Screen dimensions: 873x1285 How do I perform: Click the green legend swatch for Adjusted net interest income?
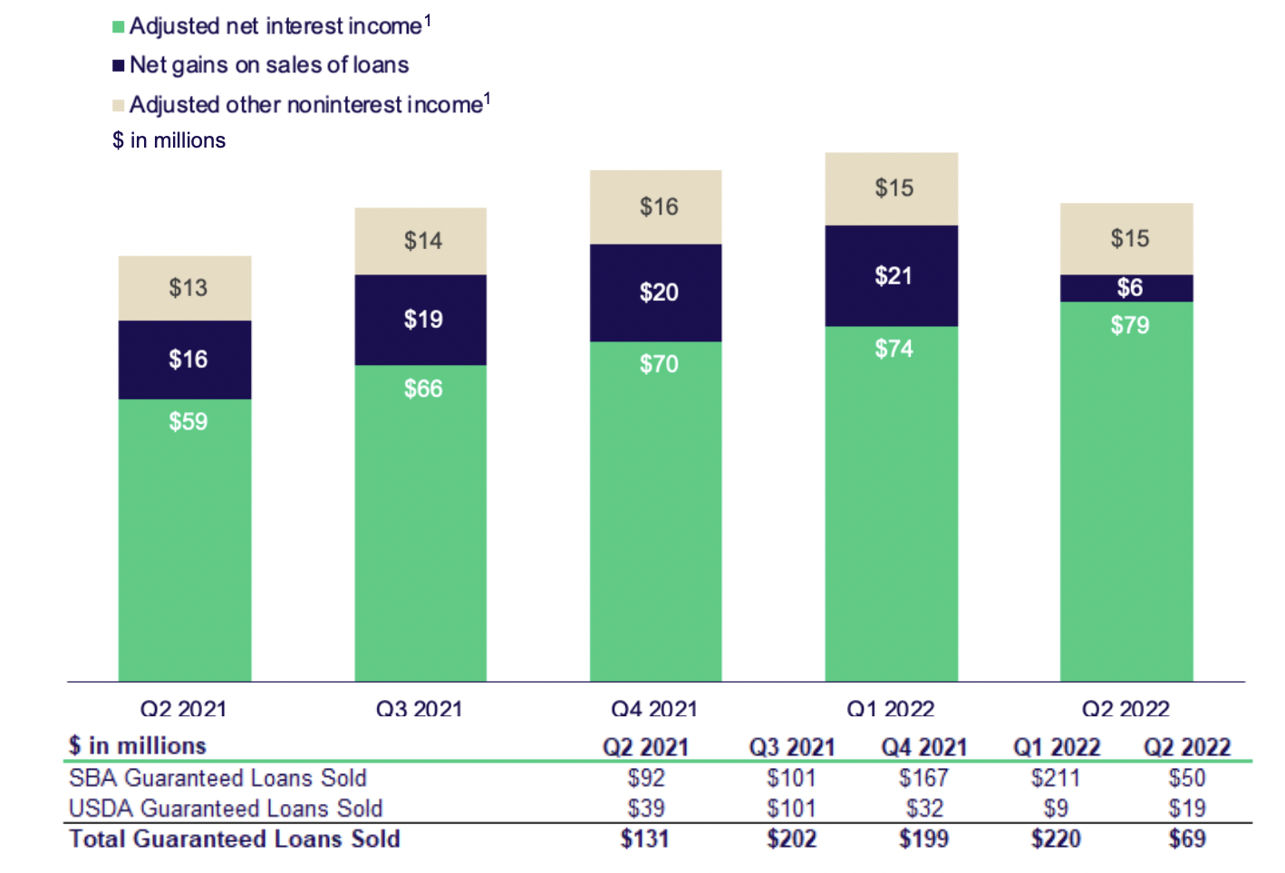click(x=118, y=27)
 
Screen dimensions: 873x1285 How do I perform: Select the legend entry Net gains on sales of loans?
click(x=268, y=65)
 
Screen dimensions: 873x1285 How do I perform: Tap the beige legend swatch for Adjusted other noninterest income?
click(x=118, y=106)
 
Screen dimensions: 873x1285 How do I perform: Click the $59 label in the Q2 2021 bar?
click(x=188, y=421)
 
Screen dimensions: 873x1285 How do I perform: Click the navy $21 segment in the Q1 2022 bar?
click(x=892, y=276)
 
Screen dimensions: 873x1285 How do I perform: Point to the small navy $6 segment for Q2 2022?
click(x=1128, y=288)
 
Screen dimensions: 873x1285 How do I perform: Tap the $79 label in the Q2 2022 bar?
click(x=1129, y=325)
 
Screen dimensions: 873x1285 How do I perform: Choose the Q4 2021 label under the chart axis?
click(x=654, y=708)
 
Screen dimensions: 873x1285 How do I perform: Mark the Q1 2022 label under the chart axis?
click(x=890, y=708)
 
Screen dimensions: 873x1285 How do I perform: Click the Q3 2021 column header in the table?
click(x=791, y=747)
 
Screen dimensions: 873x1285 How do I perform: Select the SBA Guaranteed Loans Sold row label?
click(x=217, y=778)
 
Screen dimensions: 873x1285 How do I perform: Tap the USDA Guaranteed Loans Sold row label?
click(x=226, y=808)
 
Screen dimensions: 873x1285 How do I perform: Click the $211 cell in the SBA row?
click(x=1055, y=778)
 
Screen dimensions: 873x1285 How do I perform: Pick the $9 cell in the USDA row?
click(x=1055, y=808)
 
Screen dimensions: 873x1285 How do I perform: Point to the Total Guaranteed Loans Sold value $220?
click(x=1055, y=839)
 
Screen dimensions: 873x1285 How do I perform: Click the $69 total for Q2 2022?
click(x=1186, y=839)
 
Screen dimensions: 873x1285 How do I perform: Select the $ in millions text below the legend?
click(x=169, y=140)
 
